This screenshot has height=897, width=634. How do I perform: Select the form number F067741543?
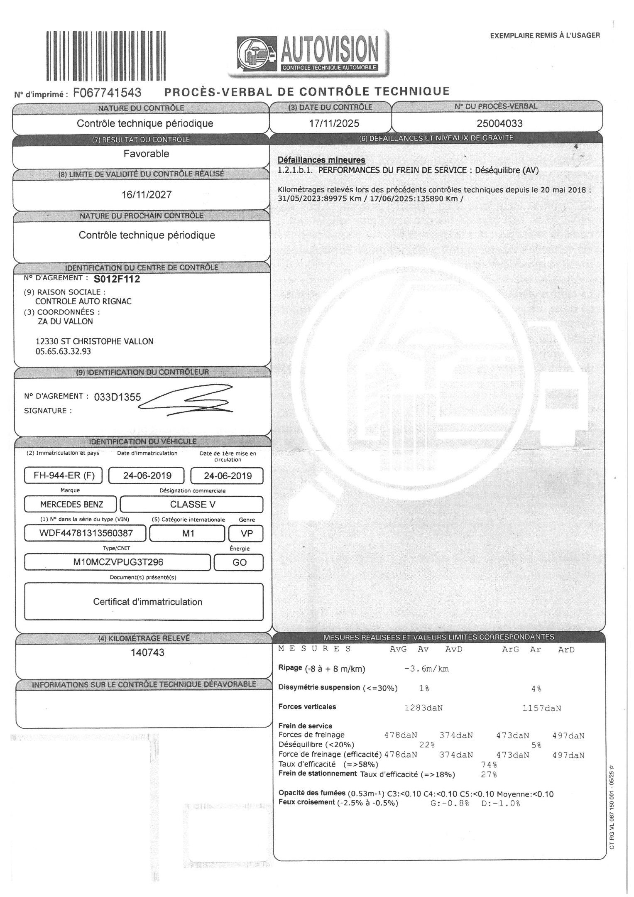coord(107,92)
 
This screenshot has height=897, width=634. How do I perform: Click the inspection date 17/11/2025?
coord(331,123)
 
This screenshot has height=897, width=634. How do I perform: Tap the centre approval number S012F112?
coord(117,279)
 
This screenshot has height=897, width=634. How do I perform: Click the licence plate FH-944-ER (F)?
coord(64,475)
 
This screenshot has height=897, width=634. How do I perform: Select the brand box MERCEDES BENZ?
coord(71,505)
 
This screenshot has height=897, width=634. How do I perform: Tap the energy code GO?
coord(240,563)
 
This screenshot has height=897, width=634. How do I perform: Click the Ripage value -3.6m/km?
coord(426,669)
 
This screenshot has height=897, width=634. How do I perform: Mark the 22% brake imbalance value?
coord(427,745)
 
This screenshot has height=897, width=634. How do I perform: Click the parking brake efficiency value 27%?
coord(489,774)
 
